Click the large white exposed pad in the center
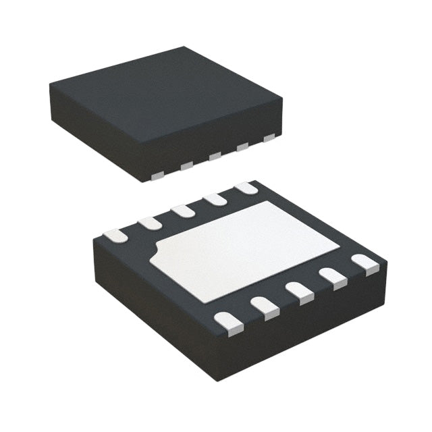point(246,248)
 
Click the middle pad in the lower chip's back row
point(183,211)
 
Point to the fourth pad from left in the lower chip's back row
point(215,199)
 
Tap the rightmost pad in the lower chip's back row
point(246,189)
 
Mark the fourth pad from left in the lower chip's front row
point(332,276)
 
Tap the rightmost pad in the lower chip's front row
point(366,263)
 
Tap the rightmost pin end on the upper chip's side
point(269,138)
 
